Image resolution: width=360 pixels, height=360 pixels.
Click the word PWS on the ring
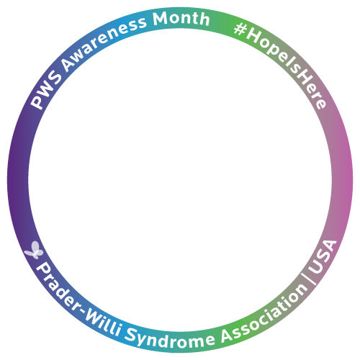point(46,89)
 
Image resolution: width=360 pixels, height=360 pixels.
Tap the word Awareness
point(102,42)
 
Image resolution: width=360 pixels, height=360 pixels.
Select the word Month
point(181,19)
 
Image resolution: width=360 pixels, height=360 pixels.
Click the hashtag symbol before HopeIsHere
point(240,30)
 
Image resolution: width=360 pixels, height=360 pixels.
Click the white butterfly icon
point(34,250)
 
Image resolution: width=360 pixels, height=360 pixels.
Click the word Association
point(264,316)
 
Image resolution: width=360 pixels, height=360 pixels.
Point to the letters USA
point(323,256)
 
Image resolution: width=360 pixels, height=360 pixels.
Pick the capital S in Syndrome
point(130,334)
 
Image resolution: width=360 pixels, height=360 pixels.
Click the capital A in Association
point(228,335)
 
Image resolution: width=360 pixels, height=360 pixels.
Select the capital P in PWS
point(37,103)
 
